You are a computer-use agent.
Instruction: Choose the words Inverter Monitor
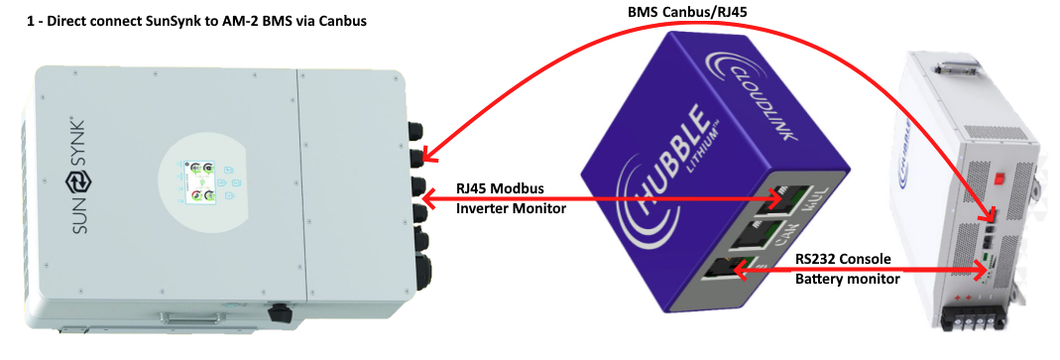pyautogui.click(x=508, y=208)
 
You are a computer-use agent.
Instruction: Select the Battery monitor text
pyautogui.click(x=848, y=280)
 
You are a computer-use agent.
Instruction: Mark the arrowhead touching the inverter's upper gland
pyautogui.click(x=427, y=156)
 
